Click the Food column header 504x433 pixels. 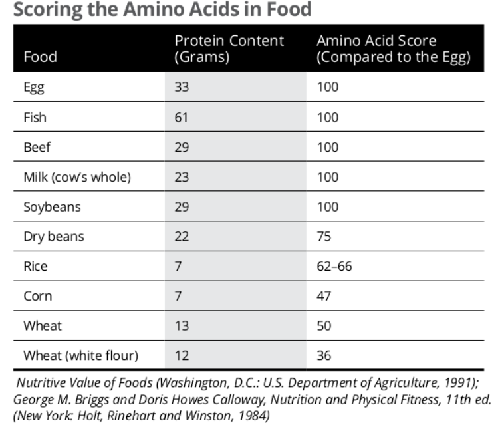(40, 57)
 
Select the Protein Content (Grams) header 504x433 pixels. (229, 49)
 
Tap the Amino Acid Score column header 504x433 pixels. (394, 49)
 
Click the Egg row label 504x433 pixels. (34, 87)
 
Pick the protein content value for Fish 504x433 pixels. (182, 117)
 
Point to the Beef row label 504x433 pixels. (37, 147)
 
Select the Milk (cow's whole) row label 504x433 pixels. (77, 177)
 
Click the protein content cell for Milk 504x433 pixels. (182, 177)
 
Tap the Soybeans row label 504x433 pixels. (52, 207)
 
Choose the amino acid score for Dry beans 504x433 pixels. (324, 236)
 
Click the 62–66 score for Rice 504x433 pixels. (334, 266)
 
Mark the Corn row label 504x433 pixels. (38, 296)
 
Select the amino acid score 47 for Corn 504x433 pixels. (324, 296)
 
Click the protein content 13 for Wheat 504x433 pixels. (182, 326)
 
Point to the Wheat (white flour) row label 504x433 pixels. (80, 356)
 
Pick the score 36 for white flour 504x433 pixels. (324, 356)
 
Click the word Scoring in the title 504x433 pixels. (48, 9)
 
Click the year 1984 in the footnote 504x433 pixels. (252, 416)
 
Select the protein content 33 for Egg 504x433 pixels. (182, 87)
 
